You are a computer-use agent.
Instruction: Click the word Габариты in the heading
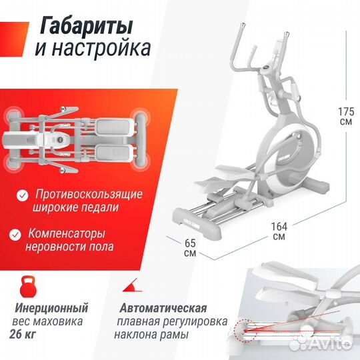87,26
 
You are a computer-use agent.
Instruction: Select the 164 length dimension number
279,225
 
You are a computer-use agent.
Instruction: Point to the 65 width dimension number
190,243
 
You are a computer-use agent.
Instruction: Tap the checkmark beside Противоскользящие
23,195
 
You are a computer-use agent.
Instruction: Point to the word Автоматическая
164,309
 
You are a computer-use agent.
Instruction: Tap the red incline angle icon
130,286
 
